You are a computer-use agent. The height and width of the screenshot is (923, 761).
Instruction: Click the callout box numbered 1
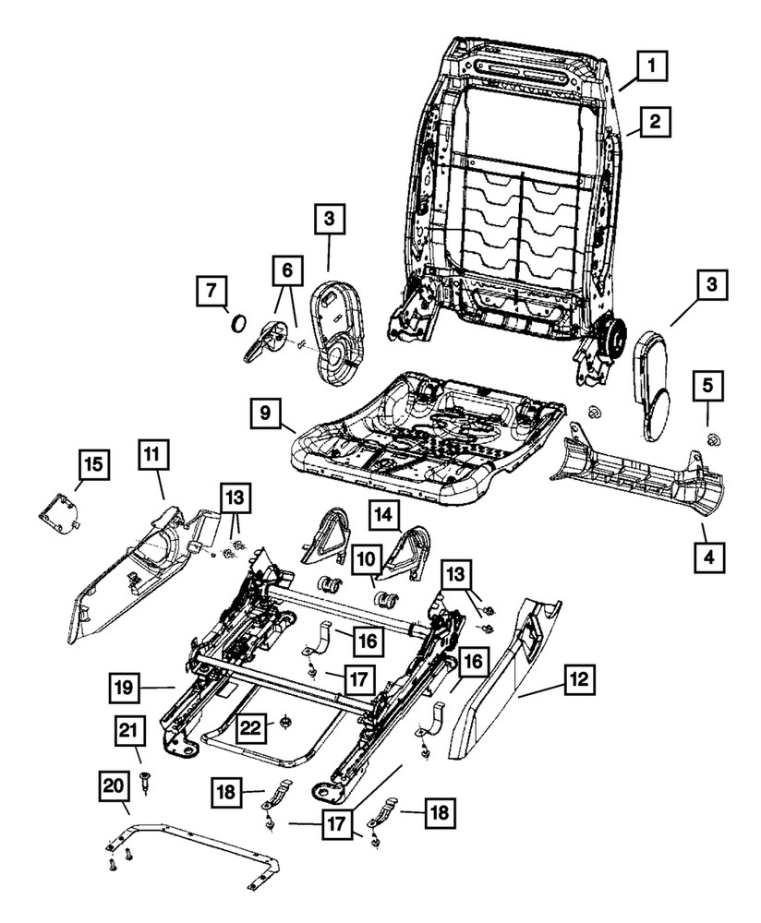click(652, 66)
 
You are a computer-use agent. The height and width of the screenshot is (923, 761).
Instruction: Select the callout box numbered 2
click(652, 121)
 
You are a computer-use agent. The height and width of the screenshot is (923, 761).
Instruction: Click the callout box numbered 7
click(212, 293)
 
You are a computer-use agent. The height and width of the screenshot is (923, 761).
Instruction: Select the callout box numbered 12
click(578, 681)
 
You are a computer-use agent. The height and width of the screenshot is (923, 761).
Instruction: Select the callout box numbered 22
click(249, 728)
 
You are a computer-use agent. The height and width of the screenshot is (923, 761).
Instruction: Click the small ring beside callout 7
click(238, 324)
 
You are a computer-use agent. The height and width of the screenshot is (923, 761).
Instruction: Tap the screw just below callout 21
click(146, 782)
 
